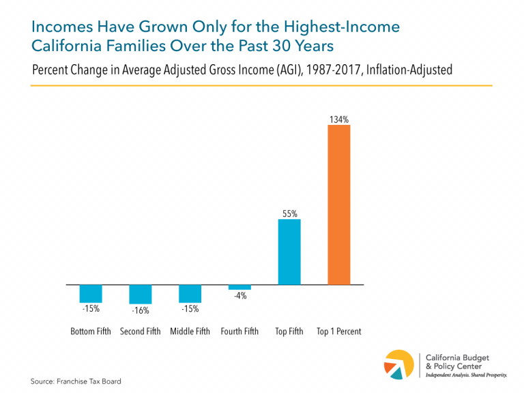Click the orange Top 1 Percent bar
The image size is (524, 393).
[339, 205]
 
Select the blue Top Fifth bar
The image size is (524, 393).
[289, 251]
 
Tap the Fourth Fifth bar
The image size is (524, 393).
[239, 287]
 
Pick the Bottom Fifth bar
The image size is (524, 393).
[91, 293]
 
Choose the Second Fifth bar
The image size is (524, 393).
[141, 294]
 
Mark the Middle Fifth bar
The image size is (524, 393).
[190, 293]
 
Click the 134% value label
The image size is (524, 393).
[339, 119]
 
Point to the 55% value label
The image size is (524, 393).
[289, 214]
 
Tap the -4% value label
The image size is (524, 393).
[239, 296]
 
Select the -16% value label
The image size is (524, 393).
[141, 310]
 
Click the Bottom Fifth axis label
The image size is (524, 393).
[91, 332]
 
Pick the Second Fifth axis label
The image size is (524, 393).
[141, 332]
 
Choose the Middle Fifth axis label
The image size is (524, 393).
[190, 332]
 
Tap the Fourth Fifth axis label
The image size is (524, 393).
[239, 332]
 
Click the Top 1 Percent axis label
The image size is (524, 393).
[339, 332]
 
